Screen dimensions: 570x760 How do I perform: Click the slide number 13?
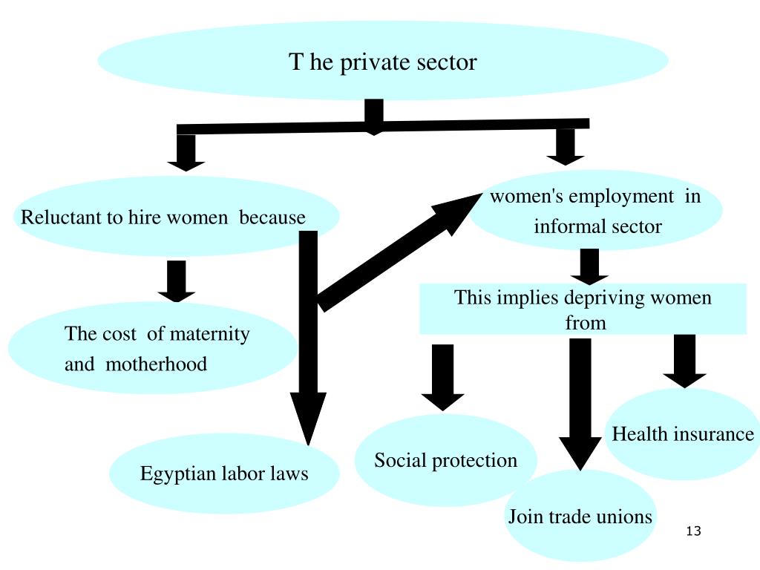click(694, 531)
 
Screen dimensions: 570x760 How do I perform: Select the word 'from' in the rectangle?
click(585, 323)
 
